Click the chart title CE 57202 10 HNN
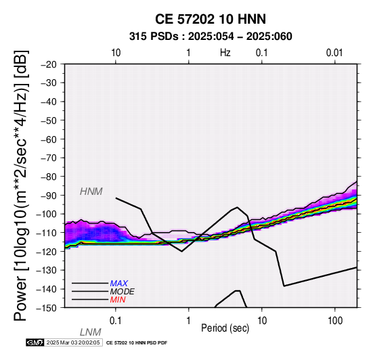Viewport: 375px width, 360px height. tap(211, 19)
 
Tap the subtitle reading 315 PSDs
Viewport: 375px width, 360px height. tap(154, 37)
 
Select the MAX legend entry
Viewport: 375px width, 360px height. tap(119, 284)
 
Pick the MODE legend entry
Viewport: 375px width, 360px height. tap(123, 292)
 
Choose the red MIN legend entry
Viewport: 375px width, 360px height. tap(118, 300)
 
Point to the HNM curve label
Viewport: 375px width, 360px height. tap(91, 192)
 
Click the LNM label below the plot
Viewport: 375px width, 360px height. tap(91, 332)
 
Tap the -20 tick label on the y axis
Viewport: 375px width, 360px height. tap(49, 64)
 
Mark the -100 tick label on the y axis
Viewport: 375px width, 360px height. tap(46, 214)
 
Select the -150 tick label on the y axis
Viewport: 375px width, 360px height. tap(46, 308)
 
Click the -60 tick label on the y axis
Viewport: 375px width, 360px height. tap(49, 139)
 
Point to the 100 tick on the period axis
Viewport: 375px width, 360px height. tap(335, 321)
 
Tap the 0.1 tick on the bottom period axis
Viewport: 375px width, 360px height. tap(116, 321)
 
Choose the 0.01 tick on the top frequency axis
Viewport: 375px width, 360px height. tap(334, 53)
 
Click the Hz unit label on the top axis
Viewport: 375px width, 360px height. tap(225, 53)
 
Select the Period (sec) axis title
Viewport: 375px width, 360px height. tap(225, 328)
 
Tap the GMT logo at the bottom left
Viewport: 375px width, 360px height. tap(35, 342)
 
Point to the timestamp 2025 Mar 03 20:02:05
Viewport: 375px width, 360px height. tap(73, 342)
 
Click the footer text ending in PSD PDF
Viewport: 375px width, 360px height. tap(137, 343)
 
